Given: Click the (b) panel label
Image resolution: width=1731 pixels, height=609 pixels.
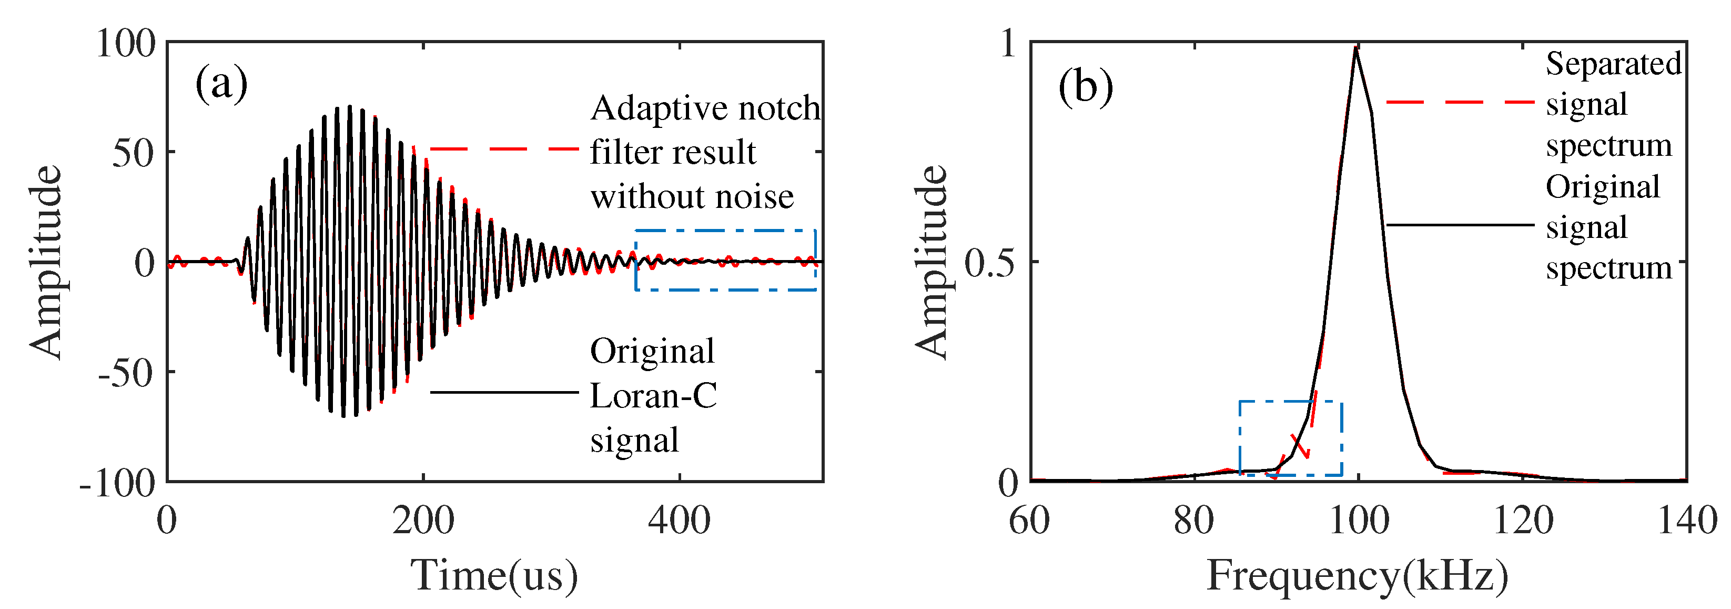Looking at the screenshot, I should pos(1085,87).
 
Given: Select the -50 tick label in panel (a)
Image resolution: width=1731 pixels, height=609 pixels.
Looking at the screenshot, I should pos(126,372).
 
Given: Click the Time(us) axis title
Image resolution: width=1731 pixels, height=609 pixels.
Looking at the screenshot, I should pos(494,575).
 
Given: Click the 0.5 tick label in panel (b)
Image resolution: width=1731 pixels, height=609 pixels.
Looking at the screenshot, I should pos(990,263).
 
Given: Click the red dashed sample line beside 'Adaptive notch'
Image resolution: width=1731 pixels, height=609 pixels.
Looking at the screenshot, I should pos(504,148).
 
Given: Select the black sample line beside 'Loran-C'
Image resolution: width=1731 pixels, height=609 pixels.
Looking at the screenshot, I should pos(504,392).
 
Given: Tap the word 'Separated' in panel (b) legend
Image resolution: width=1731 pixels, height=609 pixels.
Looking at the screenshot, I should pos(1613,64).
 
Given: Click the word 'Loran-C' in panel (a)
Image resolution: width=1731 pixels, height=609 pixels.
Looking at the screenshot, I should pos(653,395).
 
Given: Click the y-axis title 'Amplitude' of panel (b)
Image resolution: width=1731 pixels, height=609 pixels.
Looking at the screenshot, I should pos(932,262).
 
